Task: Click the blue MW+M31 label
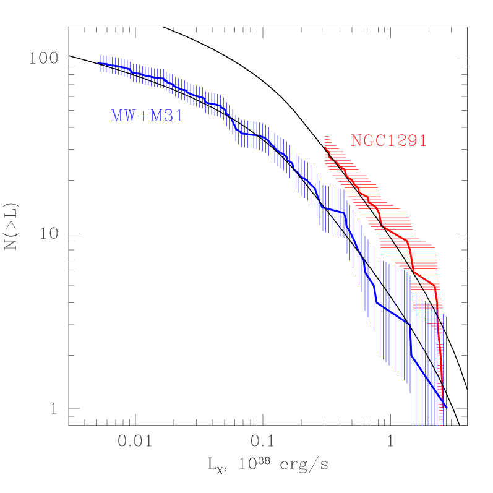pyautogui.click(x=147, y=116)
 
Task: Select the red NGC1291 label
pyautogui.click(x=389, y=141)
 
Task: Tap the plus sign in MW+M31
pyautogui.click(x=143, y=116)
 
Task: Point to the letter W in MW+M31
pyautogui.click(x=131, y=116)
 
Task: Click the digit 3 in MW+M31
pyautogui.click(x=168, y=116)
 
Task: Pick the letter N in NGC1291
pyautogui.click(x=356, y=141)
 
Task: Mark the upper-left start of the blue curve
pyautogui.click(x=99, y=62)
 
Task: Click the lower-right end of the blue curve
pyautogui.click(x=445, y=408)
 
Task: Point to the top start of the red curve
pyautogui.click(x=325, y=147)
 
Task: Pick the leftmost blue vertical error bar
pyautogui.click(x=100, y=62)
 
